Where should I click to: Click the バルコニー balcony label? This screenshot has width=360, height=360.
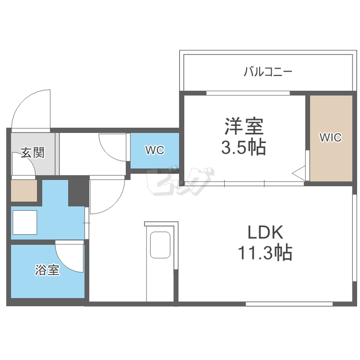[268, 72]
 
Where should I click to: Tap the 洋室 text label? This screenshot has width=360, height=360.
[243, 128]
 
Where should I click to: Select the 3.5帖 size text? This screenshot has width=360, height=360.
[243, 148]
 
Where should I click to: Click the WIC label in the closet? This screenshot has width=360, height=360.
[331, 138]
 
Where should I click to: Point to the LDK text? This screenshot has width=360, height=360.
[265, 233]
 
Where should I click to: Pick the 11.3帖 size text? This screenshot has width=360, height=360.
[265, 252]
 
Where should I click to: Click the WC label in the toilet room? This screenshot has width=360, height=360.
[155, 150]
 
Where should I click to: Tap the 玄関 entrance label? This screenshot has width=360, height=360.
[33, 154]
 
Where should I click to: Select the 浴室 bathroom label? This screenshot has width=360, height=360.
[48, 270]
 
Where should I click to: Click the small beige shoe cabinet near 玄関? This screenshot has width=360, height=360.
[24, 191]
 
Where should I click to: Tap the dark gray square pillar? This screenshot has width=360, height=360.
[78, 191]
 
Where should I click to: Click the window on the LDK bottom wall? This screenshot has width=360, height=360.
[289, 303]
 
